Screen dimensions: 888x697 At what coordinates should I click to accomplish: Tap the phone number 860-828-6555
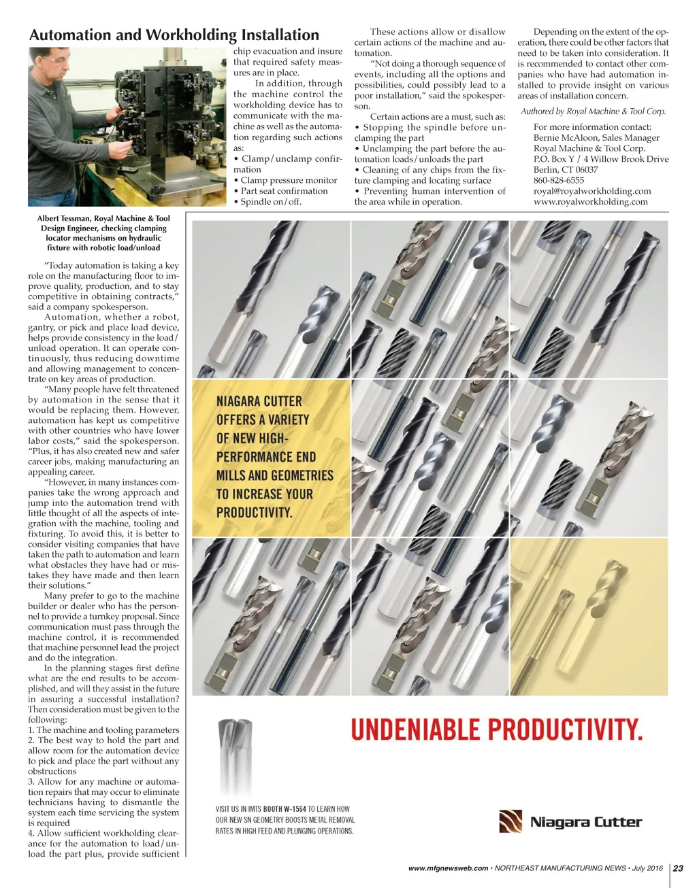(x=558, y=180)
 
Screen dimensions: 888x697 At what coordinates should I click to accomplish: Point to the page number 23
(x=678, y=868)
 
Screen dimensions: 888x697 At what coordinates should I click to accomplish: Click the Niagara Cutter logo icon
(x=510, y=821)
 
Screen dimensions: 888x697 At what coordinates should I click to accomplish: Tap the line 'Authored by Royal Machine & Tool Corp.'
(x=593, y=112)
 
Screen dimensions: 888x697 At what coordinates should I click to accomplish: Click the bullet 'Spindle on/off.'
(x=270, y=201)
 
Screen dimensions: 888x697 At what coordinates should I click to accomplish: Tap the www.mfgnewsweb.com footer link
(x=448, y=868)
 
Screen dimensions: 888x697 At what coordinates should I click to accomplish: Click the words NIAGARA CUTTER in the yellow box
(x=259, y=401)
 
